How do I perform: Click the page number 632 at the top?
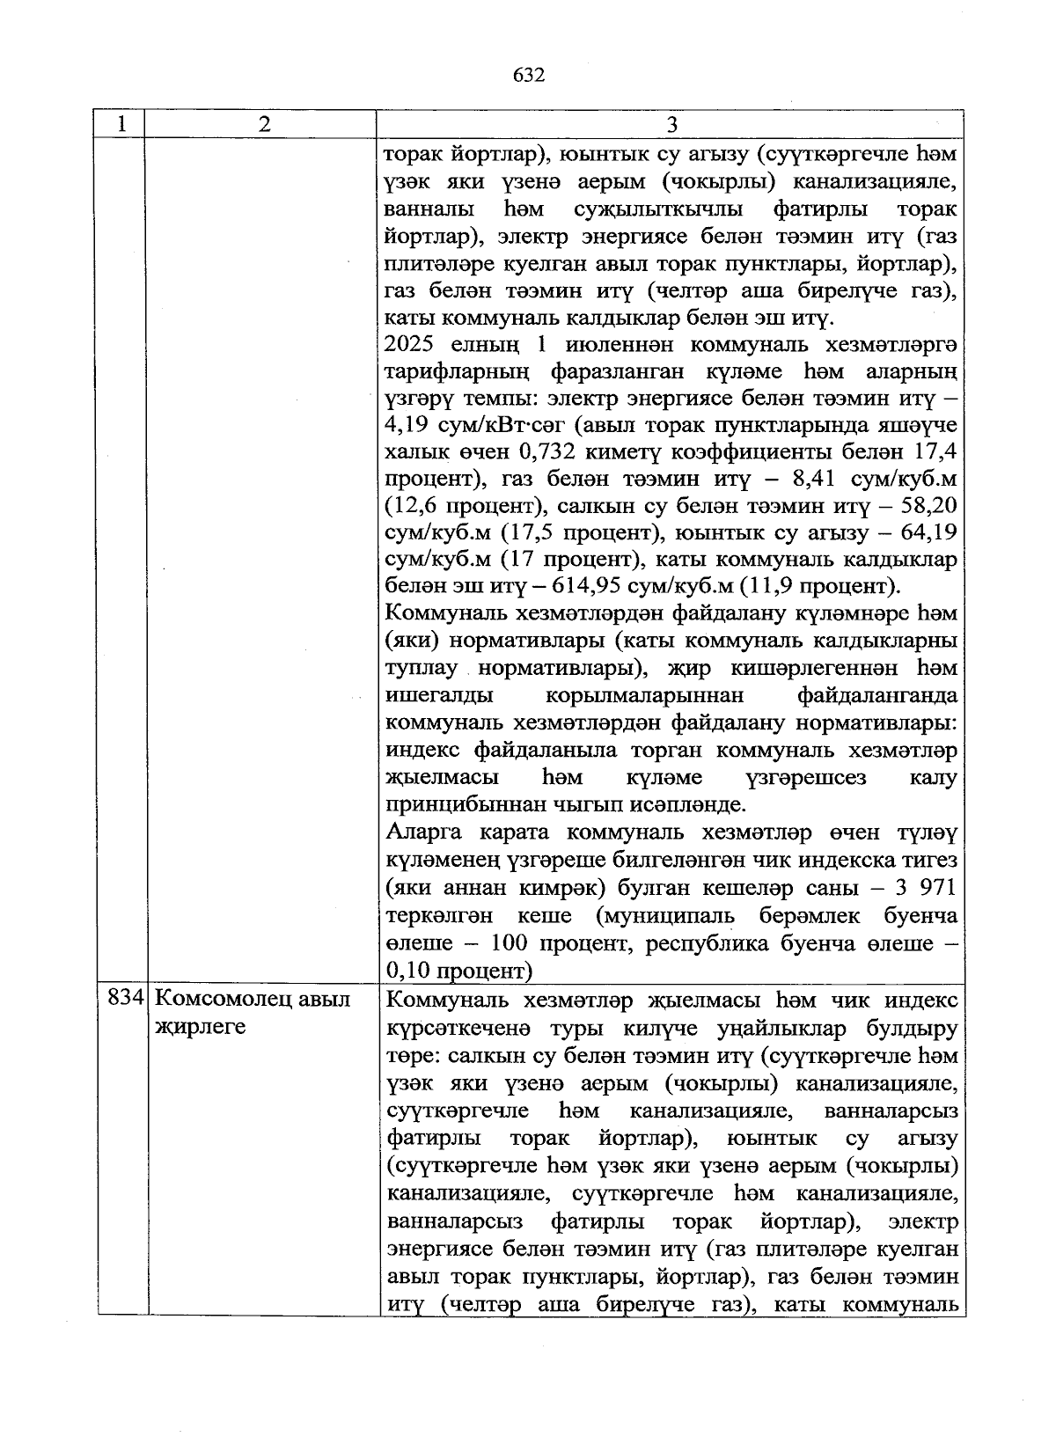(529, 75)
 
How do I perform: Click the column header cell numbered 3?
(671, 124)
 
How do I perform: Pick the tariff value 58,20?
(930, 507)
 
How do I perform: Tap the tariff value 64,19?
(930, 533)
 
